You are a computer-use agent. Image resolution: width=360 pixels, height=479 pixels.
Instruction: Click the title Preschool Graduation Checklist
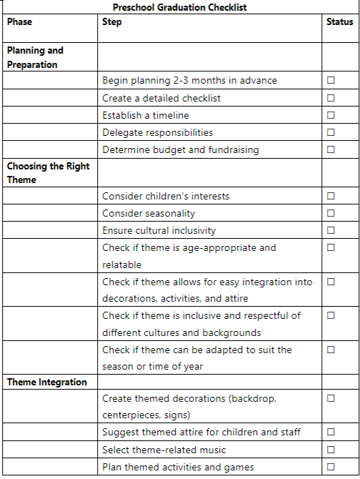coord(180,7)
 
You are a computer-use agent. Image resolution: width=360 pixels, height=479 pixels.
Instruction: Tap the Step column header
coord(112,22)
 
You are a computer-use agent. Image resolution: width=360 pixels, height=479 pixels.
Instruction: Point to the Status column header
coord(339,22)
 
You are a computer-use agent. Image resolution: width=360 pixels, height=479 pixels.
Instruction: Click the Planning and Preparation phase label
coord(35,57)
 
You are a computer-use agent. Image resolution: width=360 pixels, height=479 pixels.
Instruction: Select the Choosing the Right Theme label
coord(47,173)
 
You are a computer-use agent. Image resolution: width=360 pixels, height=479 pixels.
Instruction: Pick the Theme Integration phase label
coord(47,382)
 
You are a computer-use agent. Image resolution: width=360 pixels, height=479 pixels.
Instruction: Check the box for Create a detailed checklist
coord(331,98)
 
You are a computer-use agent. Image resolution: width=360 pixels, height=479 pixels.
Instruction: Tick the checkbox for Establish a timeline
coord(331,115)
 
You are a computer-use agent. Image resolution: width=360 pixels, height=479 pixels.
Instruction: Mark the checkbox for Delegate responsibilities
coord(331,132)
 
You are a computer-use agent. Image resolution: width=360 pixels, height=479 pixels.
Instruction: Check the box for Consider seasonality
coord(331,213)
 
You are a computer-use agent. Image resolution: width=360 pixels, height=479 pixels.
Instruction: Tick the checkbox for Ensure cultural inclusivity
coord(331,230)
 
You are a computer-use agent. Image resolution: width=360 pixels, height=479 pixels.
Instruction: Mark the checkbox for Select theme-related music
coord(331,450)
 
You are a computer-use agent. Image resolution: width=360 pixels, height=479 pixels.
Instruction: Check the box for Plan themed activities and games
coord(331,467)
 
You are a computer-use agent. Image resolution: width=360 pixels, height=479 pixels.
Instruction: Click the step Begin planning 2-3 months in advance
coord(189,81)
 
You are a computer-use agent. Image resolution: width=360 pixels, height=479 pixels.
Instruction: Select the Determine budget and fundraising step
coord(180,150)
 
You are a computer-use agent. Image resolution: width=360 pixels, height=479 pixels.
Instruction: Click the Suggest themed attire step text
coord(201,432)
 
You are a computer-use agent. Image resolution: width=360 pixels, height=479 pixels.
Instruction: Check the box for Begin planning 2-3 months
coord(331,80)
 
